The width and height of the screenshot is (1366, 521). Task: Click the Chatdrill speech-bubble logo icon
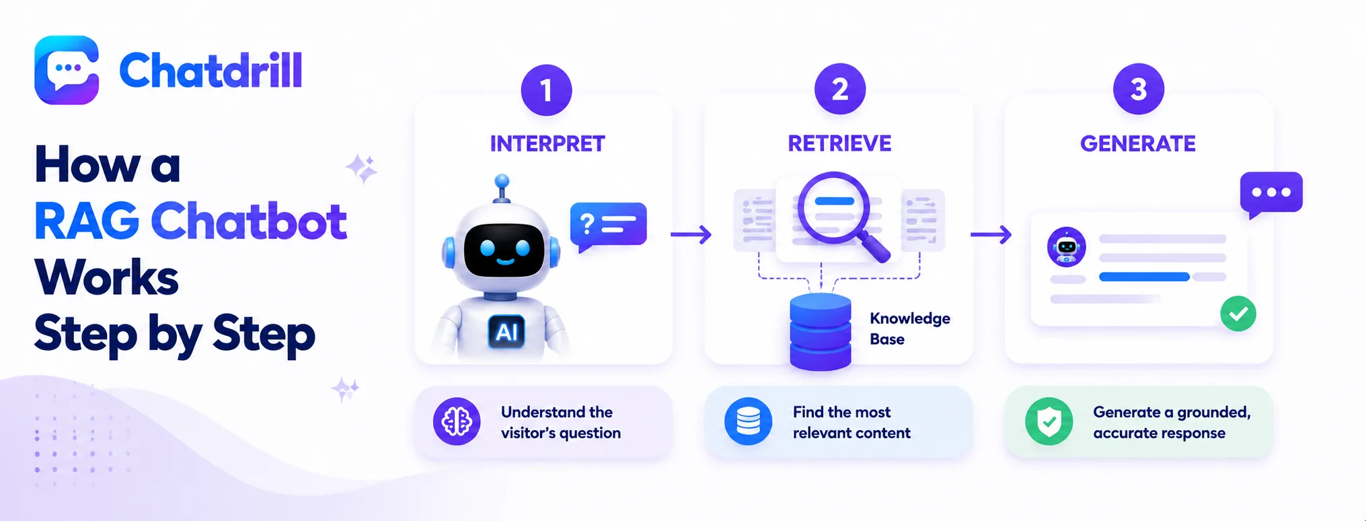(67, 70)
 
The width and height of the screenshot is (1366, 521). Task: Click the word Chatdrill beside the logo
(211, 71)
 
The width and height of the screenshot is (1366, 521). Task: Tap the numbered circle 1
(546, 90)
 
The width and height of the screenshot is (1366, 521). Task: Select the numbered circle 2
(840, 89)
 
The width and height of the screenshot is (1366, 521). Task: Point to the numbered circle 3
(1139, 89)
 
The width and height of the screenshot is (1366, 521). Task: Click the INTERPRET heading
(547, 143)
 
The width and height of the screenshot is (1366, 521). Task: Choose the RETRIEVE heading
(839, 143)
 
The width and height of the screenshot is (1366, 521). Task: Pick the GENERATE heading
(1138, 143)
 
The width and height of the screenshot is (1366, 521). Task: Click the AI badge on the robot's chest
(506, 332)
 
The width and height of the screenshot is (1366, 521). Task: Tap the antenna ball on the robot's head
(502, 181)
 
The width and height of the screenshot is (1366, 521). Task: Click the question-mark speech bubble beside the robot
(608, 226)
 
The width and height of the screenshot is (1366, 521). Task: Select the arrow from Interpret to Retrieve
(691, 234)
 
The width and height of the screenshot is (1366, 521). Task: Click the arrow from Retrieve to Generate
(991, 234)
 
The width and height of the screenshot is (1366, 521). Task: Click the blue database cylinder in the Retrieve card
(821, 332)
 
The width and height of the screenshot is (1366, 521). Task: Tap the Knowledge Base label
(910, 328)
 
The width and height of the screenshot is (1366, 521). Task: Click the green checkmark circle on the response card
(1238, 314)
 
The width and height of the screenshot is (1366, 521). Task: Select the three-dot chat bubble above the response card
(1271, 194)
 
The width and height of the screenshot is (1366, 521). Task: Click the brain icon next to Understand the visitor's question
(457, 422)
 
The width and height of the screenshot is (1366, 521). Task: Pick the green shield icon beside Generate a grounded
(1049, 422)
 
